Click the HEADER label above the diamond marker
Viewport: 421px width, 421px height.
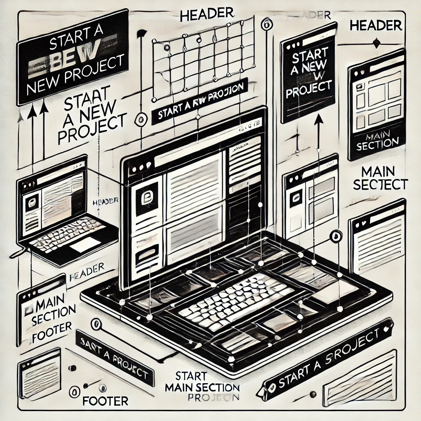click(375, 25)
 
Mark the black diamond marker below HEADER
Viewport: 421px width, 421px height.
click(375, 42)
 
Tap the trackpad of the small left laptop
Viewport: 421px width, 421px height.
click(86, 245)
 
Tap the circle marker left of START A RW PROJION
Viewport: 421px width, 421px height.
click(141, 119)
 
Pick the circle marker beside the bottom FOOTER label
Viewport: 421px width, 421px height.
click(74, 391)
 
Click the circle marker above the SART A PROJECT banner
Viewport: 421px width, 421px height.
click(97, 324)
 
